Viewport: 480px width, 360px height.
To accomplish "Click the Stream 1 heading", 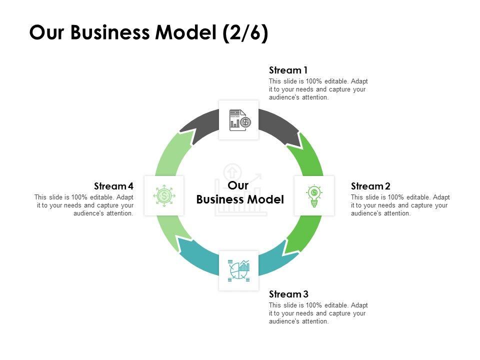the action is point(288,70).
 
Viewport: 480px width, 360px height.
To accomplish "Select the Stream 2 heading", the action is point(370,186).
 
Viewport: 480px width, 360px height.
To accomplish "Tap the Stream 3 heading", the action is point(288,294).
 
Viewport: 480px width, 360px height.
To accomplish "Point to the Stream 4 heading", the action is point(113,186).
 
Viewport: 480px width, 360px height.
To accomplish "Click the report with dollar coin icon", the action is point(240,120).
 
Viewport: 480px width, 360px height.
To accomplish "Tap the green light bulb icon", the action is point(314,196).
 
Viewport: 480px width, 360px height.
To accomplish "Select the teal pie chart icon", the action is point(239,270).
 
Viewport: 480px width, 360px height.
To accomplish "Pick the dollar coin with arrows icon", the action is point(164,195).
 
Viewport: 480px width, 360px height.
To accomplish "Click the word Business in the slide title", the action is point(110,32).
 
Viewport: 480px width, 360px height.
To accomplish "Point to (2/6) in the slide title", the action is point(245,32).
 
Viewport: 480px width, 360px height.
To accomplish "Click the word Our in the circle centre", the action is point(238,185).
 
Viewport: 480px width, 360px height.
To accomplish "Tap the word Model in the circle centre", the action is point(265,199).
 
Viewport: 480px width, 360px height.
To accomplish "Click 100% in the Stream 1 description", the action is point(314,81).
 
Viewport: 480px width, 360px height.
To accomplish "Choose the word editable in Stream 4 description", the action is point(101,197).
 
